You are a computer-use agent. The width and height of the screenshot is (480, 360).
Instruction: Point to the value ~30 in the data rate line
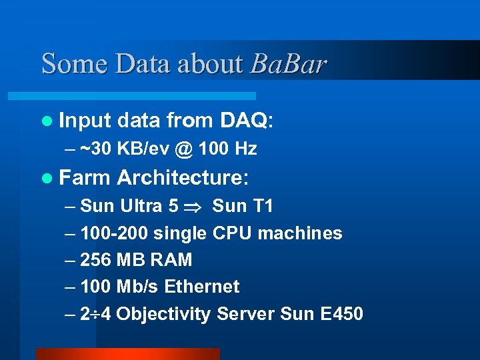coord(95,149)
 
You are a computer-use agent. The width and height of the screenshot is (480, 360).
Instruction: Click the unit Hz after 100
coord(245,149)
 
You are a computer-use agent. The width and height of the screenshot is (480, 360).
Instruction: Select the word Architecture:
coord(183,178)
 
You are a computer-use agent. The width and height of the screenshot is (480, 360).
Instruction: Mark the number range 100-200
coord(114,233)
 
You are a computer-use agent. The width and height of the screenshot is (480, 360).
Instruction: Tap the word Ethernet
coord(201,287)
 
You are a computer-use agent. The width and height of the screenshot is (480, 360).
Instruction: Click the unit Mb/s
coord(138,287)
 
